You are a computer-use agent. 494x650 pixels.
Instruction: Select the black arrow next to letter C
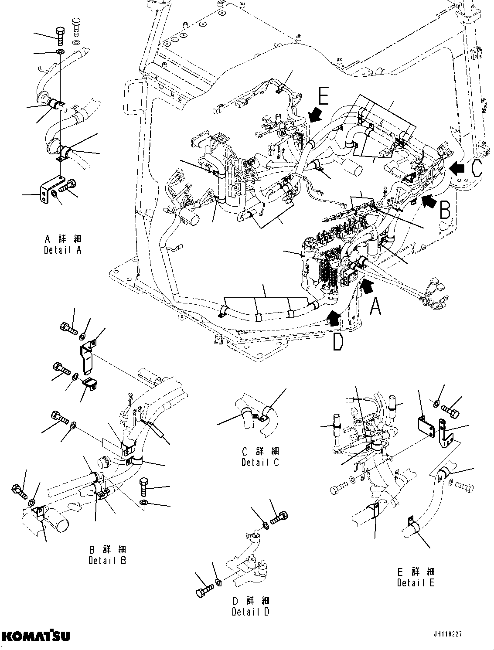click(458, 167)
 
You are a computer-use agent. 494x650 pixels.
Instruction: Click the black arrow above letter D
click(333, 319)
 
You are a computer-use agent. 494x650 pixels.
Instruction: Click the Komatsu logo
click(36, 635)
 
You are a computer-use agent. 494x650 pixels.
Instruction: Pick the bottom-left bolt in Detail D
click(203, 591)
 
